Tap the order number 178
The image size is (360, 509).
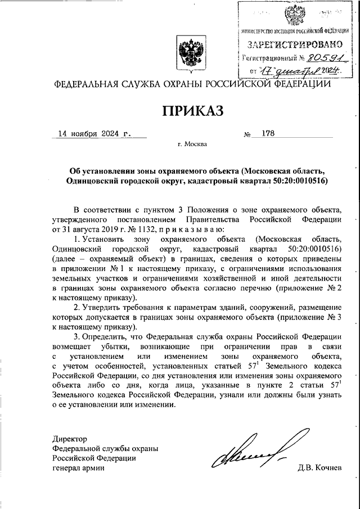(x=262, y=134)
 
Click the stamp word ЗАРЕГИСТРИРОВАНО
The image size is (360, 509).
(x=292, y=44)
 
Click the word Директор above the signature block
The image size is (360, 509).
(x=70, y=438)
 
